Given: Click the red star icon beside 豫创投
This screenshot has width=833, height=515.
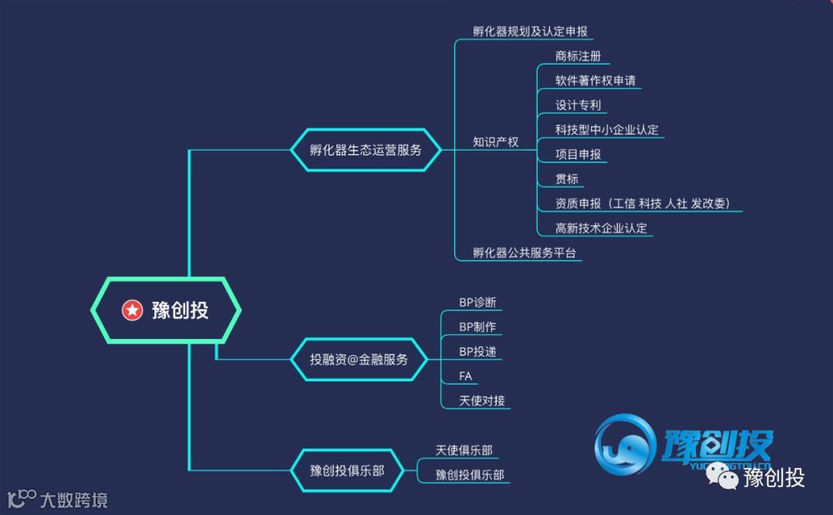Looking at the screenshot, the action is pyautogui.click(x=133, y=310).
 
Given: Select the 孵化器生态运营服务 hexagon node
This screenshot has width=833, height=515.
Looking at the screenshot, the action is pyautogui.click(x=366, y=150).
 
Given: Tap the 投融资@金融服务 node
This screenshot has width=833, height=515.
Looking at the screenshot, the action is pyautogui.click(x=359, y=359).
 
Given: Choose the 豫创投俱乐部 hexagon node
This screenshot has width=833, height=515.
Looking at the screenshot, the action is pyautogui.click(x=347, y=469).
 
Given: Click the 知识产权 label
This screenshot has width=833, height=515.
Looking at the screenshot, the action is pyautogui.click(x=495, y=142).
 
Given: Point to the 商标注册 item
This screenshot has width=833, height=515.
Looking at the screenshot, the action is pyautogui.click(x=578, y=56).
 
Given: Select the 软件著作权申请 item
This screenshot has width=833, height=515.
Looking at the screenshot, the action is pyautogui.click(x=595, y=80).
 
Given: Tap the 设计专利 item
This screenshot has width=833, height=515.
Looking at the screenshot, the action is pyautogui.click(x=578, y=105).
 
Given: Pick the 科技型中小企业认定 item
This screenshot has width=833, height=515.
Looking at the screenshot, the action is pyautogui.click(x=607, y=130).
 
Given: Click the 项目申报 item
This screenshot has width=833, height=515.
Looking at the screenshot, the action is pyautogui.click(x=578, y=154).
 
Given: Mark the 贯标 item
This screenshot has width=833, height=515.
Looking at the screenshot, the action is pyautogui.click(x=567, y=179).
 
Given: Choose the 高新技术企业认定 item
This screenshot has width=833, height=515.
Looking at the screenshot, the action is pyautogui.click(x=601, y=229).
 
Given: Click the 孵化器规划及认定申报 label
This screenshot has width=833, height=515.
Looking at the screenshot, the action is pyautogui.click(x=530, y=32).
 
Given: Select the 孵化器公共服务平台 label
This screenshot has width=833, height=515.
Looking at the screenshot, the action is pyautogui.click(x=524, y=252).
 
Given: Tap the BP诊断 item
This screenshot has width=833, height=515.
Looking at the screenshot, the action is pyautogui.click(x=477, y=302).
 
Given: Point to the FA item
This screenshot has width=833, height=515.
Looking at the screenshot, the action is pyautogui.click(x=466, y=377).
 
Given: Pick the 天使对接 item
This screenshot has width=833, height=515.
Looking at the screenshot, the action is pyautogui.click(x=482, y=401).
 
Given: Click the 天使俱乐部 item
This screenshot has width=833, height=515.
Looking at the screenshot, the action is pyautogui.click(x=464, y=450).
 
